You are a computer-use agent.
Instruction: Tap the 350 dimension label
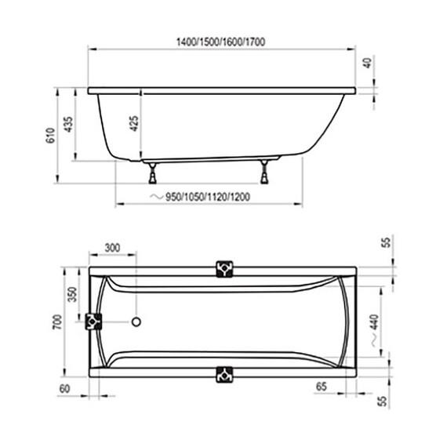71,295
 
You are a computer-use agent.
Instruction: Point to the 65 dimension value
321,387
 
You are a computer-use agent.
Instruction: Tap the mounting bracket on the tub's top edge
224,268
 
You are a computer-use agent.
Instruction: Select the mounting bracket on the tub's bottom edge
224,373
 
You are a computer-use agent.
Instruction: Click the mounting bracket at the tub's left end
94,322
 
